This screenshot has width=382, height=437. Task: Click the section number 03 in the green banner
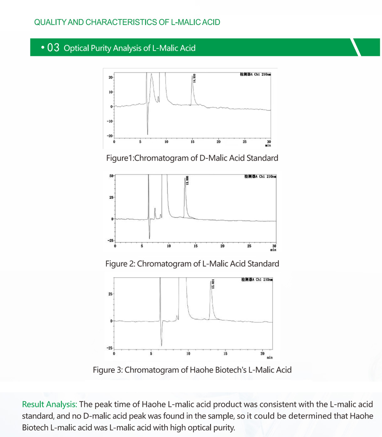(53, 48)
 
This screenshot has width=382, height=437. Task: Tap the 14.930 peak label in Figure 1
(194, 78)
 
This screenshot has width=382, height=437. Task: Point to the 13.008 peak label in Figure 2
(187, 180)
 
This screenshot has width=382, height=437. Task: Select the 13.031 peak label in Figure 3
(213, 284)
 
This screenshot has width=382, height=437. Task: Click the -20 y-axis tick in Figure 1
(110, 136)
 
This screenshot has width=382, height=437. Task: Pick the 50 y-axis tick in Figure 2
(111, 176)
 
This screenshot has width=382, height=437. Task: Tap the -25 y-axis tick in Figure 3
(110, 348)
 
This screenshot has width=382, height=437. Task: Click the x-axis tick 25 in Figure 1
(245, 142)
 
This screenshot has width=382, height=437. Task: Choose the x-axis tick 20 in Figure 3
(262, 353)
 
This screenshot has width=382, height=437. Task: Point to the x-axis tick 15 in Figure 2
(195, 246)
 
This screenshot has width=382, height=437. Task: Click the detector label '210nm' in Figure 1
(266, 74)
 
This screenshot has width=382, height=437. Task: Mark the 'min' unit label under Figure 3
(270, 358)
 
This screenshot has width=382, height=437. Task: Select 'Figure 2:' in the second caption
(120, 264)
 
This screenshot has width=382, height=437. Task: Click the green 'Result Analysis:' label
(49, 404)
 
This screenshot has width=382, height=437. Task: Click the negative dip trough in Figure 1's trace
(147, 134)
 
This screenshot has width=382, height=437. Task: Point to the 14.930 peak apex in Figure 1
(192, 76)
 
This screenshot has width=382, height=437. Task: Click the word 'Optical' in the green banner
(76, 48)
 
